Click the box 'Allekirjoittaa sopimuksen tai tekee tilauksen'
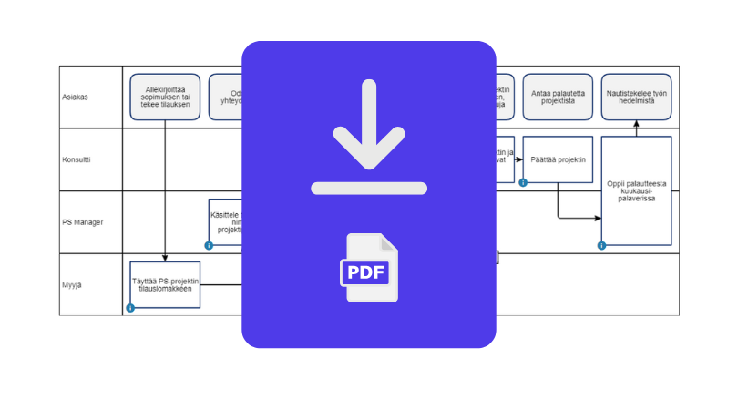pos(166,97)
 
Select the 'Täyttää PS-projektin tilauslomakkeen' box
pos(165,284)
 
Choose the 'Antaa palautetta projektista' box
pos(558,97)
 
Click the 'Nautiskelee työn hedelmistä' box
pos(637,97)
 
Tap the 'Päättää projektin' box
pos(558,159)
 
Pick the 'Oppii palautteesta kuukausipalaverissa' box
pos(637,190)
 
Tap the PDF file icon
pos(369,268)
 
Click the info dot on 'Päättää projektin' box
pos(524,182)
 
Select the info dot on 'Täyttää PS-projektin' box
pos(131,308)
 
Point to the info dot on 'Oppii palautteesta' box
pos(602,245)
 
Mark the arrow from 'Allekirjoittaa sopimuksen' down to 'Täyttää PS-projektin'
pos(166,191)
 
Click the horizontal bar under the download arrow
pos(369,189)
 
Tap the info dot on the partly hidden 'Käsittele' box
pos(210,245)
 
